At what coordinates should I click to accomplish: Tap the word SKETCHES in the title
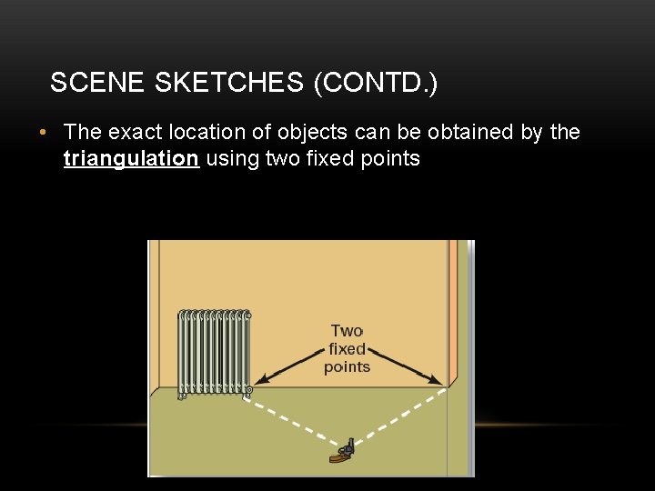[x=229, y=84]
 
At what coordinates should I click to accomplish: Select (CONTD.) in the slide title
[x=375, y=84]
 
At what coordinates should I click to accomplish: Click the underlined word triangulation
[x=131, y=159]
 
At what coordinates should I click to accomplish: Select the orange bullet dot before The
[x=44, y=134]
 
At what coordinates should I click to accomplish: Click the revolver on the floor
[x=344, y=452]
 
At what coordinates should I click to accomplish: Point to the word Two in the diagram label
[x=347, y=331]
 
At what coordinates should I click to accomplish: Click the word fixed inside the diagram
[x=347, y=349]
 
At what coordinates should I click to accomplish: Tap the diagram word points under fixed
[x=347, y=367]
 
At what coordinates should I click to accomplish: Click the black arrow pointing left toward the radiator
[x=289, y=364]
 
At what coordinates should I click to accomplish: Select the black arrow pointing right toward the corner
[x=407, y=364]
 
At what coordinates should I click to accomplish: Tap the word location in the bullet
[x=209, y=133]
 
